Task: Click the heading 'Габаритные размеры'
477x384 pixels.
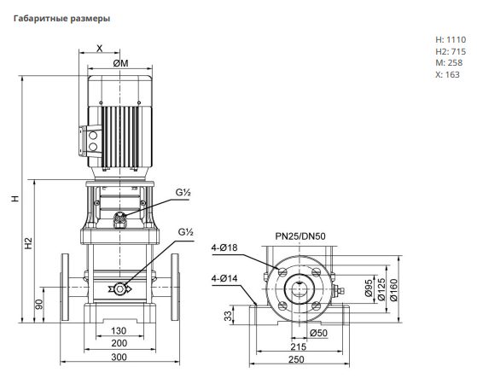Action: (x=61, y=19)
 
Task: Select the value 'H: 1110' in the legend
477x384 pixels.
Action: (x=451, y=39)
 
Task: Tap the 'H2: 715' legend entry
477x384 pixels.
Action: (x=451, y=51)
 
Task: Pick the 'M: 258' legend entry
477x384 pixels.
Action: (x=449, y=63)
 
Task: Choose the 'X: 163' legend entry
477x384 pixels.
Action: (x=447, y=74)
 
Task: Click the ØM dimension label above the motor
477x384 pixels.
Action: (x=121, y=63)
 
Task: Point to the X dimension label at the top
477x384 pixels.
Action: (x=100, y=48)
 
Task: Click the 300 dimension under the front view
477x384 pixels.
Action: (x=119, y=357)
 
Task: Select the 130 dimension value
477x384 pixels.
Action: (x=119, y=331)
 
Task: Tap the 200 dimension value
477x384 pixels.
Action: (x=119, y=343)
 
